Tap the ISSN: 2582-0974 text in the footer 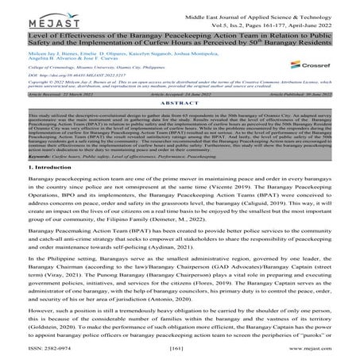[35, 348]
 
